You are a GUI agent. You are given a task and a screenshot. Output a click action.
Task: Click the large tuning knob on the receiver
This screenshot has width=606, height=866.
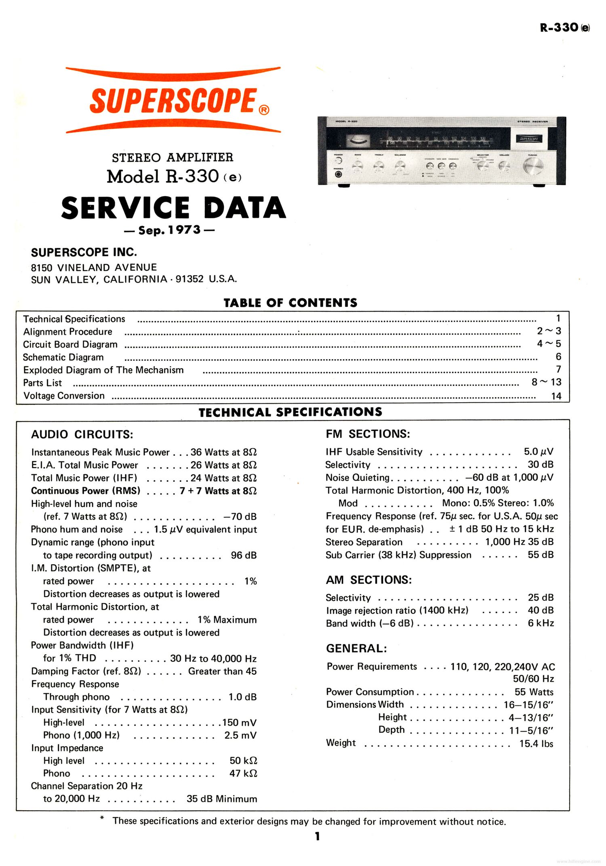click(x=533, y=166)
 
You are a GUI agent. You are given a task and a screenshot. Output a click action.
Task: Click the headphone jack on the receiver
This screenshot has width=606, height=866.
click(x=339, y=174)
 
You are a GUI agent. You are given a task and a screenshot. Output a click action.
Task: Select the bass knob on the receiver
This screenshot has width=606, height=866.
click(x=358, y=165)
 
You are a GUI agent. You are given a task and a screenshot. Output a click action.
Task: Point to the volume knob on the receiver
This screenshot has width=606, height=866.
click(x=504, y=166)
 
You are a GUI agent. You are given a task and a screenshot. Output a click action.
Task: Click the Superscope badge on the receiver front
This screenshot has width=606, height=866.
click(x=529, y=139)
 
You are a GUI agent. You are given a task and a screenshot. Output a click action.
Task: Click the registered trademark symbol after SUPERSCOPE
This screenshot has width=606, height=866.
click(x=264, y=110)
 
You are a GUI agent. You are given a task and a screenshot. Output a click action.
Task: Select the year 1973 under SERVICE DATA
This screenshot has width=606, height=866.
click(x=185, y=230)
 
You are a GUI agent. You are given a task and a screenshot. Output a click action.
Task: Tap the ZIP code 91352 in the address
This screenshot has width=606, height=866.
click(x=190, y=279)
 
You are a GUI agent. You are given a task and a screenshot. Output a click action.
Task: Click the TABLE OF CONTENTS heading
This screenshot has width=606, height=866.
click(x=290, y=303)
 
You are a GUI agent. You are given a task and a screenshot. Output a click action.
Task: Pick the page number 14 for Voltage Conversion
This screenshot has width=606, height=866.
click(x=556, y=396)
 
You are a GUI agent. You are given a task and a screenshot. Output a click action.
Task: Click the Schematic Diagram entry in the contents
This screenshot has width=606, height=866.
click(x=63, y=357)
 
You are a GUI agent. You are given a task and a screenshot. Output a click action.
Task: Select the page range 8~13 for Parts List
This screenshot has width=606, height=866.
click(x=546, y=382)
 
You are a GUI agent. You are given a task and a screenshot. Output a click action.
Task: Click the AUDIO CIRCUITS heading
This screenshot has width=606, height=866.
click(x=82, y=434)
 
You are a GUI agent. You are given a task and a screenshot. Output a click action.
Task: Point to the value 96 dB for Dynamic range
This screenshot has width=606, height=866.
click(x=244, y=555)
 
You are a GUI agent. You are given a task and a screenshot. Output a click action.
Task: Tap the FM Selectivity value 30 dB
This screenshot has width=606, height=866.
click(x=540, y=464)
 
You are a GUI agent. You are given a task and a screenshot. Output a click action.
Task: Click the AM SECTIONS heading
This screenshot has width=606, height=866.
click(x=368, y=580)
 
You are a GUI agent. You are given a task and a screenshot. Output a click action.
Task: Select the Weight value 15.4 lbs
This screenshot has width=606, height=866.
click(x=536, y=743)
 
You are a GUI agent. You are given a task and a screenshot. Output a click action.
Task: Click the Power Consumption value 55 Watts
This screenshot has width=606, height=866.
click(x=534, y=692)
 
